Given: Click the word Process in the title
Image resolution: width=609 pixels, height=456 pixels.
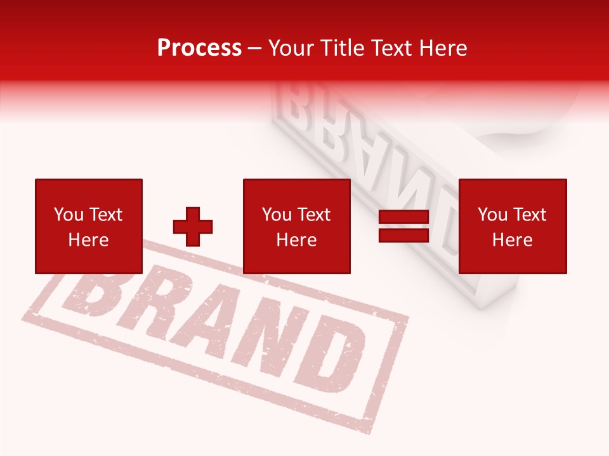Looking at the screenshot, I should [199, 48].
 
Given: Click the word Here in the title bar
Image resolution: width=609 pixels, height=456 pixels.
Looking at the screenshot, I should [443, 48].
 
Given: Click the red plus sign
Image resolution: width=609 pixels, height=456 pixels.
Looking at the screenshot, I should [193, 227].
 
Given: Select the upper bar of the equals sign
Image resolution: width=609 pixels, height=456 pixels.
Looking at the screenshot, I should [404, 217].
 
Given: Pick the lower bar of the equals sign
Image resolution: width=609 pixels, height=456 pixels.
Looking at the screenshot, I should [404, 235].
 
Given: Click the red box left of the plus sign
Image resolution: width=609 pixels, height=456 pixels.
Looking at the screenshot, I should [89, 226].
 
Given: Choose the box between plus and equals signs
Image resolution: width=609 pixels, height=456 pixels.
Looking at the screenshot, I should [297, 226].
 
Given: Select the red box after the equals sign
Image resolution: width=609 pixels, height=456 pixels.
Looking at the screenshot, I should [513, 226].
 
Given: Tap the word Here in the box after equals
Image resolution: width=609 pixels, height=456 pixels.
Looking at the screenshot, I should [513, 240].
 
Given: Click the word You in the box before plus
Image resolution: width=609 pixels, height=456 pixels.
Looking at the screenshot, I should [69, 215].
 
